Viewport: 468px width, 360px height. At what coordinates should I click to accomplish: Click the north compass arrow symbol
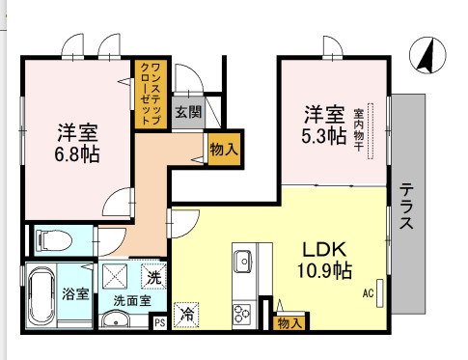(424, 55)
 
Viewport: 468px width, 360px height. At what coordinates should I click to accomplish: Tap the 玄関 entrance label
(188, 112)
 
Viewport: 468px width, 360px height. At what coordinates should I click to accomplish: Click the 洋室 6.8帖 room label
(78, 143)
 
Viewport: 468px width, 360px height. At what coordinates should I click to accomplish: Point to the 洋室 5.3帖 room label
(324, 124)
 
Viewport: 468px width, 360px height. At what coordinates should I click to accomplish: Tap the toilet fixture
(52, 239)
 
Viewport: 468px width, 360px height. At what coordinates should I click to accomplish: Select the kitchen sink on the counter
(241, 262)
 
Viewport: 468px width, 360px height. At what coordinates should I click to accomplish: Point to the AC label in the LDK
(369, 292)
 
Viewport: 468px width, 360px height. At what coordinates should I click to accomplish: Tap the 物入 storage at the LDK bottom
(289, 323)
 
